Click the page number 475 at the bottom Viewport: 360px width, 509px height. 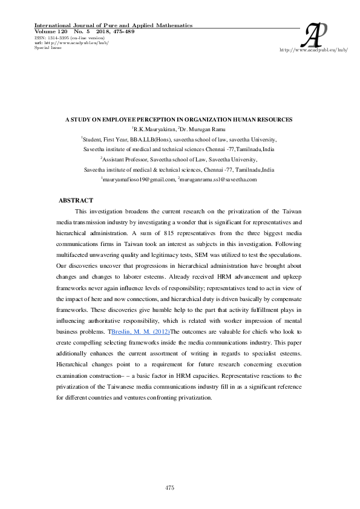coord(170,487)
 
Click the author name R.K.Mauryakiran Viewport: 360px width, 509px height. coord(154,129)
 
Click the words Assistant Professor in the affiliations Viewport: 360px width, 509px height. coord(127,160)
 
